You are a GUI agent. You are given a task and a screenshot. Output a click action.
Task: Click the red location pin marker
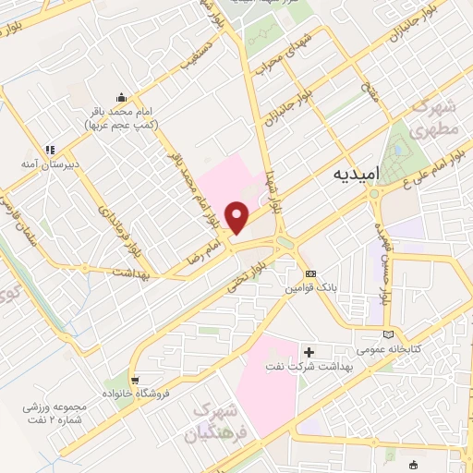(x=238, y=217)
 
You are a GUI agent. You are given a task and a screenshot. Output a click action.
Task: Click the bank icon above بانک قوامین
(x=310, y=273)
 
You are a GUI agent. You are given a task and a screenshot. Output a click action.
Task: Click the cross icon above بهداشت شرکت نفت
(x=309, y=351)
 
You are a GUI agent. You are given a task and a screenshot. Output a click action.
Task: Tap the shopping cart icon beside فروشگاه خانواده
(x=135, y=381)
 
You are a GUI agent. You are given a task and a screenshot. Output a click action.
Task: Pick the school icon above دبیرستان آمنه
(x=52, y=148)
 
